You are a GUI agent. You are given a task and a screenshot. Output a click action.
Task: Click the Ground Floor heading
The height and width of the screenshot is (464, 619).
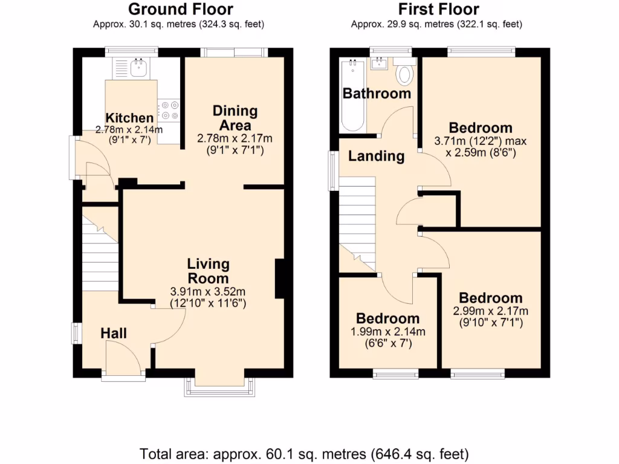coord(181,9)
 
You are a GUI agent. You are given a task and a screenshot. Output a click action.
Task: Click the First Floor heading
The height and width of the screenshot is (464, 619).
coord(438,9)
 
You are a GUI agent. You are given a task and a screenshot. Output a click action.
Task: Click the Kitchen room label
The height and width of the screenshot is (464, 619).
coord(129,118)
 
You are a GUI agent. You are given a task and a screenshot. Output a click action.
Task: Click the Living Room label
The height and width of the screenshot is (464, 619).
coord(208,271)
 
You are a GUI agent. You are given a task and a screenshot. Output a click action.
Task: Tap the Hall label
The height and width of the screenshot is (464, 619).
coord(113,333)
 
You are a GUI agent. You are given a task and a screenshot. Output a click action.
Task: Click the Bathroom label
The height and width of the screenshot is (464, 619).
coord(377,94)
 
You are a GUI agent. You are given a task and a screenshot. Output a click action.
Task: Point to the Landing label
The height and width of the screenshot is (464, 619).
coord(376,156)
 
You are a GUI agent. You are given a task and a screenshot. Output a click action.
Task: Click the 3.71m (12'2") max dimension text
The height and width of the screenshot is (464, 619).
coord(481,141)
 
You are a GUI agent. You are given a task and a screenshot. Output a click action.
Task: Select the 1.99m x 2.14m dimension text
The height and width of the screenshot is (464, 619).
coord(387,332)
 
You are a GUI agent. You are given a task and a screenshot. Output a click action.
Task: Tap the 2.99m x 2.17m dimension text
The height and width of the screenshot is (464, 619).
coord(490,311)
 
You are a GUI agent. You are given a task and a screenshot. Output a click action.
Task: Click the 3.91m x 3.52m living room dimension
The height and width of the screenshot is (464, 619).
coord(208,291)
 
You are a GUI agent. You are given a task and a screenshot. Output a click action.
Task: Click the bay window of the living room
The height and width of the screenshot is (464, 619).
coord(221,387)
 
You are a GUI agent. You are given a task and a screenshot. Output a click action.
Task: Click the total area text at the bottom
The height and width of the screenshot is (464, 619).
coord(304,453)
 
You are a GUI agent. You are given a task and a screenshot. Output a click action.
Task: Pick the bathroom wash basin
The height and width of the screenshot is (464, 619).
coord(381,62)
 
